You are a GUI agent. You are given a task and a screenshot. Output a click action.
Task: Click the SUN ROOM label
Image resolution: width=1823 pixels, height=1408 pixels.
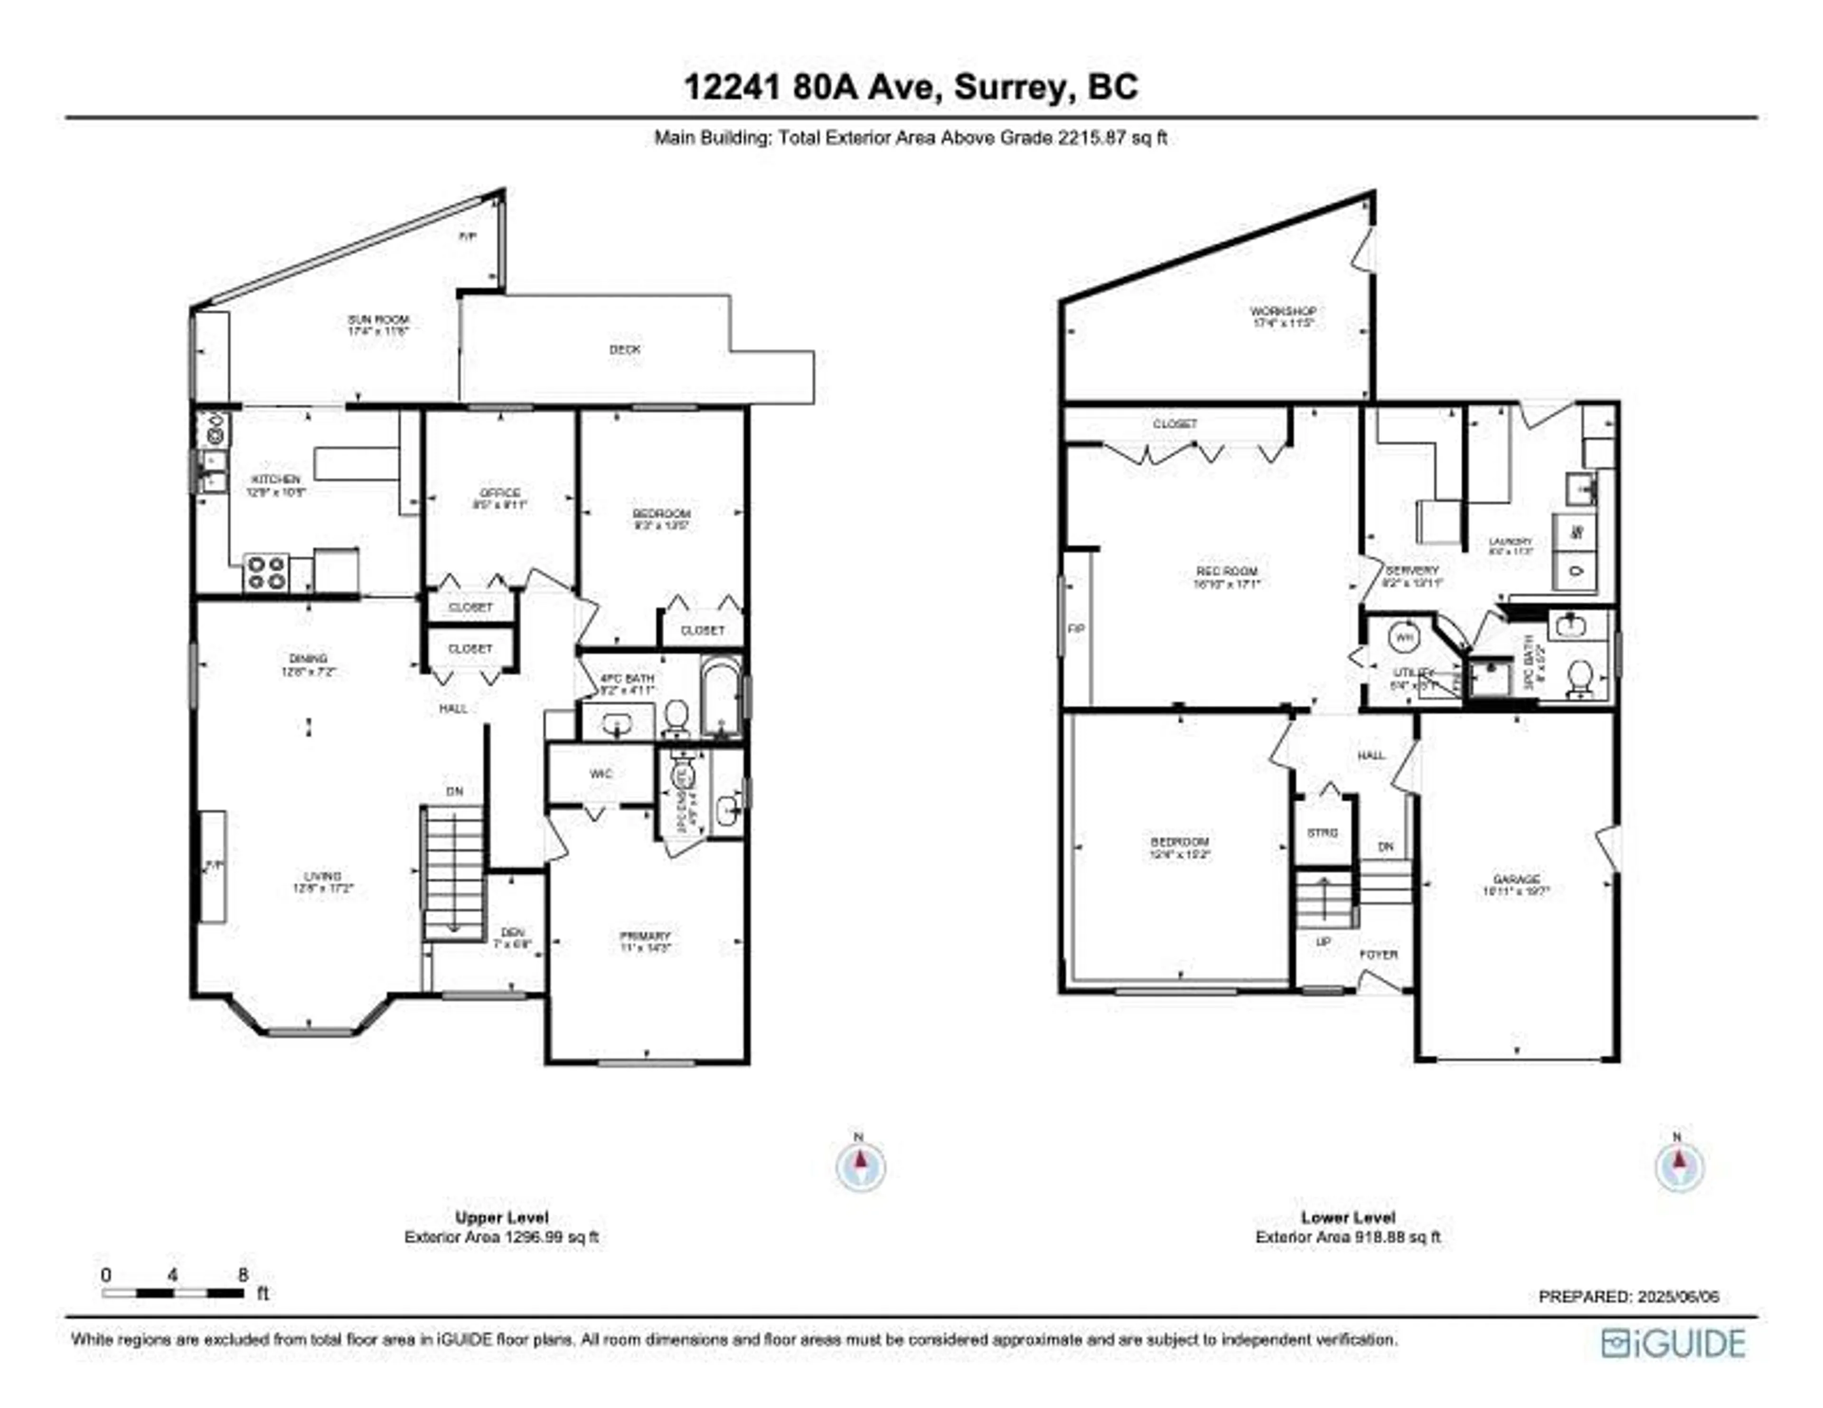click(378, 320)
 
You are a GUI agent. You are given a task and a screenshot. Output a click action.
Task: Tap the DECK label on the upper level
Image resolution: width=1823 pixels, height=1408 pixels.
click(624, 350)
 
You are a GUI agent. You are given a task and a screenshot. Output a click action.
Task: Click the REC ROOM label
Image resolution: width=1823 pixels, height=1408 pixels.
click(1227, 572)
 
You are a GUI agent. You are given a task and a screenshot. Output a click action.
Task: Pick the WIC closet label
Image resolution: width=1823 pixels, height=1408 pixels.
click(601, 774)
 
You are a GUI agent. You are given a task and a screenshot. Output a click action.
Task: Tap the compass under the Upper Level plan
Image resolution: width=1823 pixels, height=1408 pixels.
click(861, 1166)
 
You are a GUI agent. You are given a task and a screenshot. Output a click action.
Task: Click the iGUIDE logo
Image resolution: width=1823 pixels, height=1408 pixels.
click(1673, 1343)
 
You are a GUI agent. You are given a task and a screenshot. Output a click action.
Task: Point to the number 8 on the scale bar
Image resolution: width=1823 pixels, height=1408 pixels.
click(243, 1275)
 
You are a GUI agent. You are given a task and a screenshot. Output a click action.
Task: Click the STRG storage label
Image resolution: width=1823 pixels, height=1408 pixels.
click(1322, 833)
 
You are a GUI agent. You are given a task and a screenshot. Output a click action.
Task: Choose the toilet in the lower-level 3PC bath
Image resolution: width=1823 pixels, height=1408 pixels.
click(1578, 678)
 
